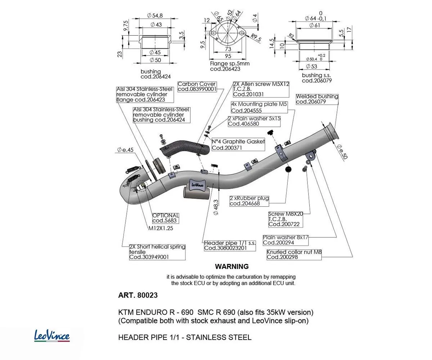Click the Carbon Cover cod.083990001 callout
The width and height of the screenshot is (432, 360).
[197, 86]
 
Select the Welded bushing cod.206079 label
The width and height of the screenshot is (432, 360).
[317, 99]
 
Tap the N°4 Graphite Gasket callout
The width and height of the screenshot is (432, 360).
[238, 145]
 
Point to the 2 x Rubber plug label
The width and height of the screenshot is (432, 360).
[249, 201]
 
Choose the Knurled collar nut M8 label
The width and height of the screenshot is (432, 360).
[294, 255]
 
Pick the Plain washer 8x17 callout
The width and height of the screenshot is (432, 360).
[285, 240]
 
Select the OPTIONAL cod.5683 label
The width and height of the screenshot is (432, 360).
[165, 218]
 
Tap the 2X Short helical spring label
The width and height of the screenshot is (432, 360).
[157, 252]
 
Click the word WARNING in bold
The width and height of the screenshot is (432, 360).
[232, 267]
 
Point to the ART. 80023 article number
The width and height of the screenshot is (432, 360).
[138, 295]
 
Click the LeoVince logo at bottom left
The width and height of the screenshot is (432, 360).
[52, 336]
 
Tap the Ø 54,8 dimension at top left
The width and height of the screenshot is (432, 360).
[155, 15]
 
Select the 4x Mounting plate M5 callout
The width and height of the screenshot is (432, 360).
[259, 107]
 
